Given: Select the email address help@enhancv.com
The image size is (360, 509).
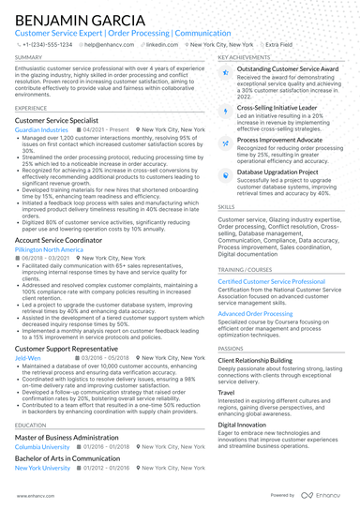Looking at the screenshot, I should click(x=111, y=44).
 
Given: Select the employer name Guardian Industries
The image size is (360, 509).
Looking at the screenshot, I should click(x=42, y=130).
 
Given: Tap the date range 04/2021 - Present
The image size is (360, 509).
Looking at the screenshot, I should click(x=104, y=130).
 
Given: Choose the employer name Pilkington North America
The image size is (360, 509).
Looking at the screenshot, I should click(x=50, y=249).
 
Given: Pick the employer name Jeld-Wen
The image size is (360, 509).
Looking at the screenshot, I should click(x=27, y=358).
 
